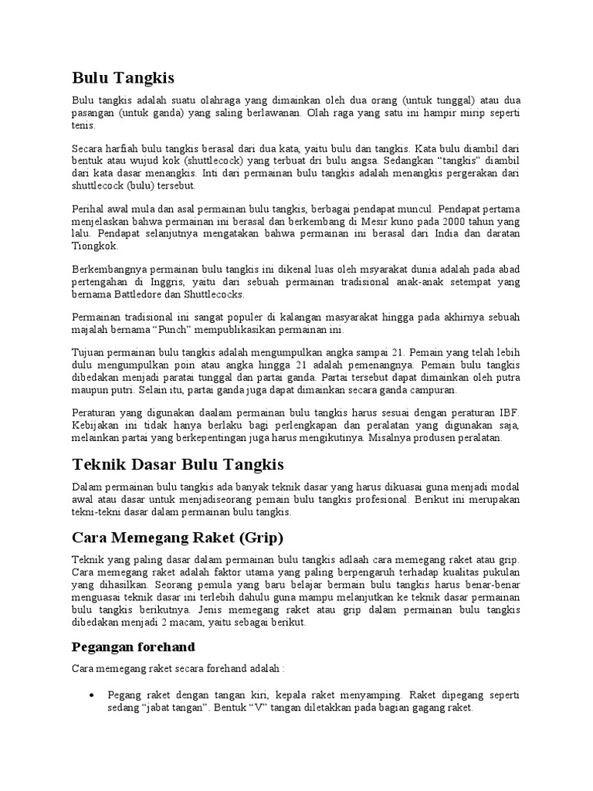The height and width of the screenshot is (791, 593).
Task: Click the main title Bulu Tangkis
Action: pyautogui.click(x=124, y=78)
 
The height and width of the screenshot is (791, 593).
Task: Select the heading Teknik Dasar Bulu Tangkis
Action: pyautogui.click(x=178, y=464)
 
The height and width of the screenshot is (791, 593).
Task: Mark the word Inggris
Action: pyautogui.click(x=174, y=281)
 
